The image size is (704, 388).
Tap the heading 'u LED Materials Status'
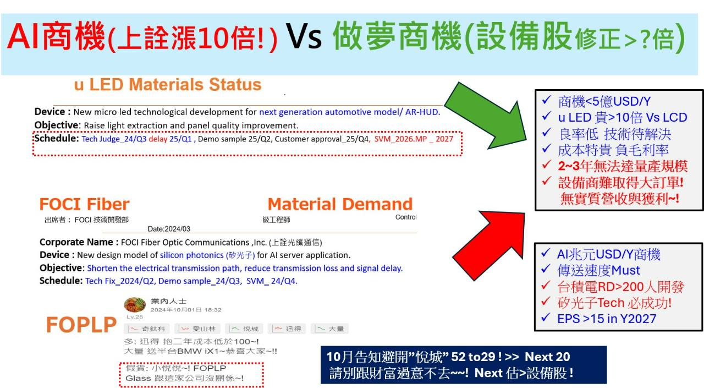click(x=168, y=85)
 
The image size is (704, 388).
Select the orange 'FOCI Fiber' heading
click(x=84, y=204)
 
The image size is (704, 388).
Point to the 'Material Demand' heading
click(x=340, y=204)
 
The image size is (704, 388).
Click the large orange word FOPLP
click(x=81, y=325)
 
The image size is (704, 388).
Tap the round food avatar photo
click(x=135, y=304)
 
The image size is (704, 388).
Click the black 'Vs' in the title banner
click(x=304, y=36)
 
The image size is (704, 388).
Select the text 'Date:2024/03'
click(x=169, y=229)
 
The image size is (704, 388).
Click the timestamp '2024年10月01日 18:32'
click(x=186, y=310)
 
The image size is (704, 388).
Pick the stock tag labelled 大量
click(x=329, y=329)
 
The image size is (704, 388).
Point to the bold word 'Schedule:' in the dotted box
click(x=57, y=138)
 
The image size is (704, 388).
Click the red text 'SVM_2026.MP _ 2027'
click(x=414, y=139)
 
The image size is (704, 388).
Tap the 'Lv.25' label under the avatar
click(x=135, y=317)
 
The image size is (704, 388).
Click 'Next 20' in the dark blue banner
click(x=547, y=357)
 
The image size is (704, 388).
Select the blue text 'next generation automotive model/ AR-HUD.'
click(x=349, y=112)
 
